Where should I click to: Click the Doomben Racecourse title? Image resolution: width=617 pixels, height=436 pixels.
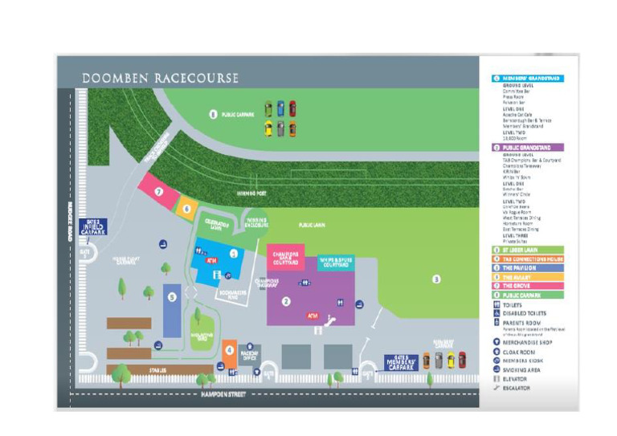pos(160,78)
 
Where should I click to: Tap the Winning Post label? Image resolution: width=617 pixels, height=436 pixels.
pos(251,193)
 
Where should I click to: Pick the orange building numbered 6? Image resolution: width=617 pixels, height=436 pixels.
pos(186,207)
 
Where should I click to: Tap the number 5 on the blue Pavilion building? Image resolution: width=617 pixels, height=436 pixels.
pos(172,297)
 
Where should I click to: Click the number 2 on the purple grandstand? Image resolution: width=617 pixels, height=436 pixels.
pos(285,301)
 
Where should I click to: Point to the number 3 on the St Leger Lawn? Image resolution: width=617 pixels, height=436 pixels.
pos(436,279)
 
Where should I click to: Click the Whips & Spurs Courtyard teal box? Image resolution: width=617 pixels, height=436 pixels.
pos(336,262)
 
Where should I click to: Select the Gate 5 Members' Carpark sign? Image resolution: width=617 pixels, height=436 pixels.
pos(402,362)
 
